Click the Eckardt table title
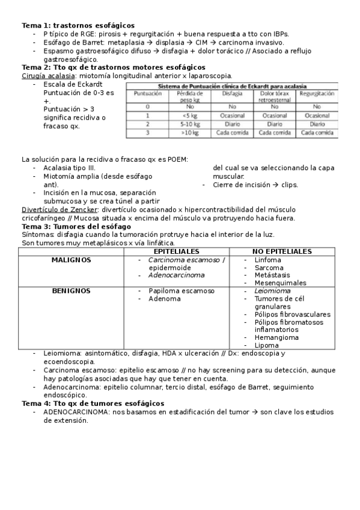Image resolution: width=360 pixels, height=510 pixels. tap(232, 87)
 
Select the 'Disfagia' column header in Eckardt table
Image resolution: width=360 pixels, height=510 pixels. tap(232, 94)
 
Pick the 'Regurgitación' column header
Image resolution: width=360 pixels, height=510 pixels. tap(317, 94)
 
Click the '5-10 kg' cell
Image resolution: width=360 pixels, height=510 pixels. tap(190, 124)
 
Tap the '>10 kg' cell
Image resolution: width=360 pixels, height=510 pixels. tap(190, 132)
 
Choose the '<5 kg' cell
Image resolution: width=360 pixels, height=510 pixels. tap(190, 115)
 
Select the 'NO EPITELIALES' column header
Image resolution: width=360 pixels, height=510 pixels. tap(282, 251)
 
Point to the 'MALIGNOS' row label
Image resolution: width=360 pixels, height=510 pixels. tap(71, 260)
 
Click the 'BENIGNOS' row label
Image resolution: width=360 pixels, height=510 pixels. tap(71, 291)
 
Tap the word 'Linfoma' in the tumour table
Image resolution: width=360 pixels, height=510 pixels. tap(268, 260)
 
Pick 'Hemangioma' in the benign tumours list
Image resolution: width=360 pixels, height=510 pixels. tap(276, 337)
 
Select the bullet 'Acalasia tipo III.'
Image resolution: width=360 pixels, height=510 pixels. tap(72, 168)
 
